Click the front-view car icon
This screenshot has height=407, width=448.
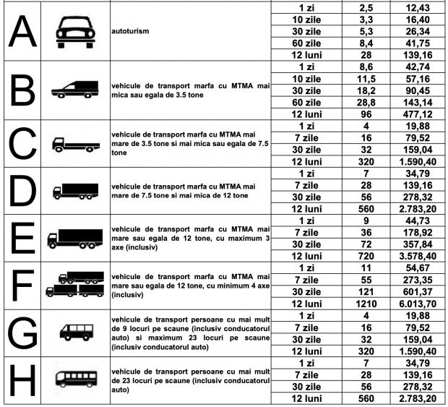73,33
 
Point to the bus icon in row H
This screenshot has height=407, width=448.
74,380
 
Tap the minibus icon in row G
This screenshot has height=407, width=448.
74,333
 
